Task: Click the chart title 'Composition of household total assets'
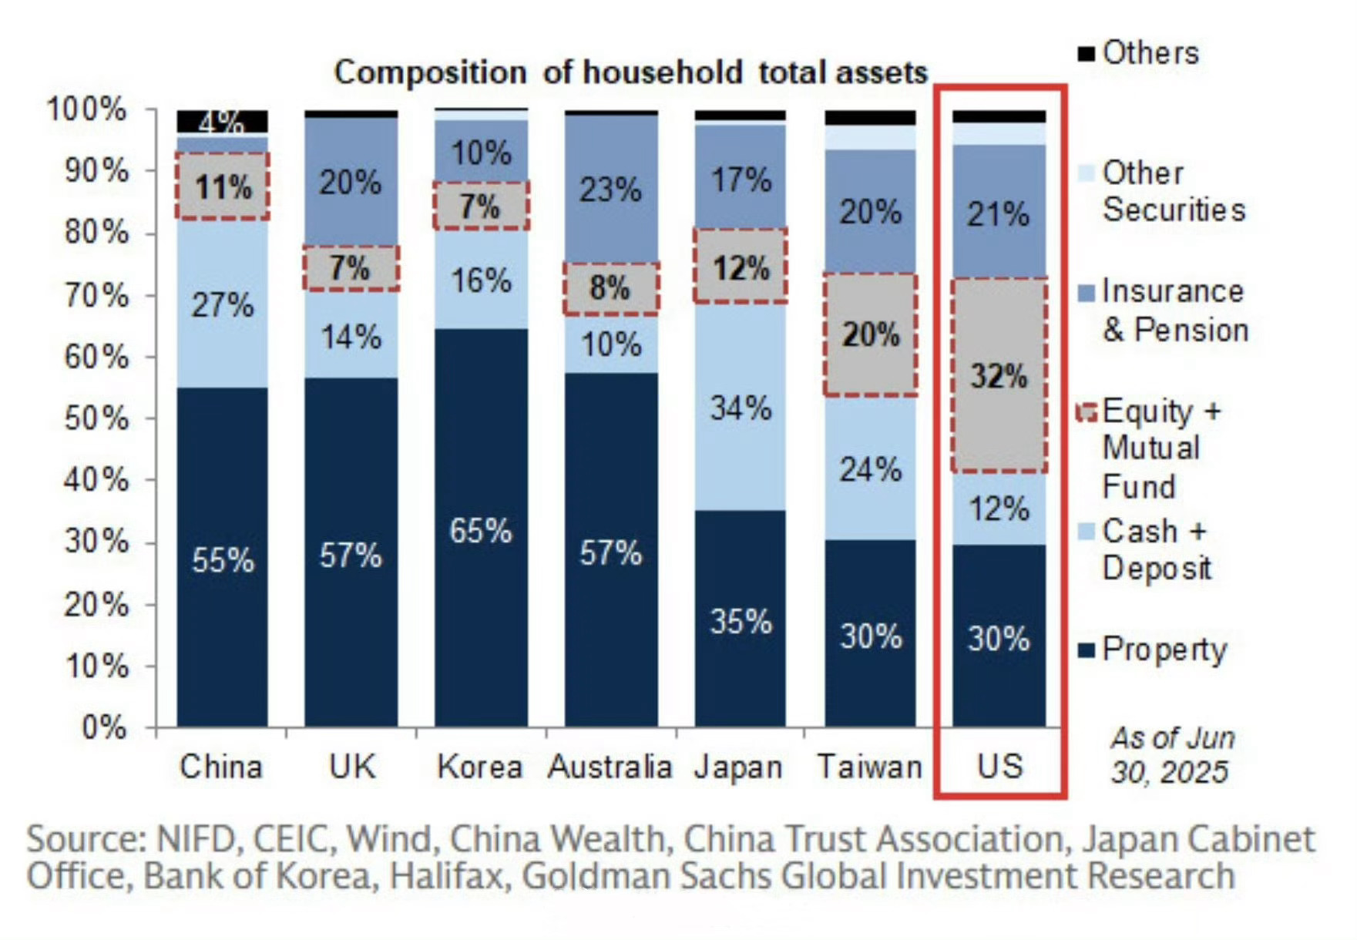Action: [630, 72]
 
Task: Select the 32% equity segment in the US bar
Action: [999, 376]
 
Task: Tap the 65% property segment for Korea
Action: [481, 531]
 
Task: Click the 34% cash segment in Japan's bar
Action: [741, 408]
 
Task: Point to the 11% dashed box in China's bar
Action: [223, 186]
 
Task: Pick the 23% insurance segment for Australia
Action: [610, 190]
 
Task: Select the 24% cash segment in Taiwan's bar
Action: [870, 468]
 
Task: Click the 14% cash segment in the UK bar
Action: [351, 337]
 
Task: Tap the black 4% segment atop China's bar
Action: [222, 121]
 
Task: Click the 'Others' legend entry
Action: [1150, 53]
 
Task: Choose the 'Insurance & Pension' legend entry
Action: [1174, 311]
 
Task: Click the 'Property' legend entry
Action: [1163, 650]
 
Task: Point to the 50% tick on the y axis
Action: [96, 418]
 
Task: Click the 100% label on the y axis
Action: [86, 109]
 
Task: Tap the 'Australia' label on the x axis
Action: [610, 767]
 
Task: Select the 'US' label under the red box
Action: [999, 767]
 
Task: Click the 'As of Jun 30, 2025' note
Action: [1171, 754]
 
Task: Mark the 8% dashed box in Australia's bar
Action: [610, 288]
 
